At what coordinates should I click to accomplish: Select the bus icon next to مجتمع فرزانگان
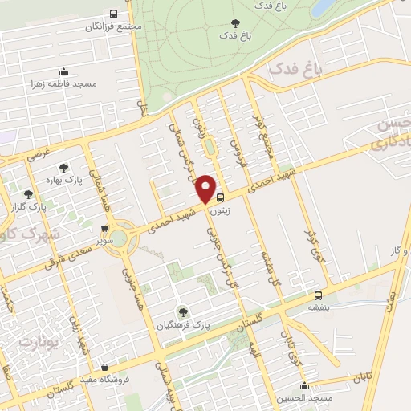pos(115,14)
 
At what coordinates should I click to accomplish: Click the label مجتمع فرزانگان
pos(117,26)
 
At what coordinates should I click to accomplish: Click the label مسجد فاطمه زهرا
pos(64,83)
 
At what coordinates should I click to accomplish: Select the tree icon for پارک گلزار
pos(29,193)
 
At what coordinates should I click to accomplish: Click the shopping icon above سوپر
pos(104,229)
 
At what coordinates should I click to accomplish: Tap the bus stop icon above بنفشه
pos(319,295)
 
